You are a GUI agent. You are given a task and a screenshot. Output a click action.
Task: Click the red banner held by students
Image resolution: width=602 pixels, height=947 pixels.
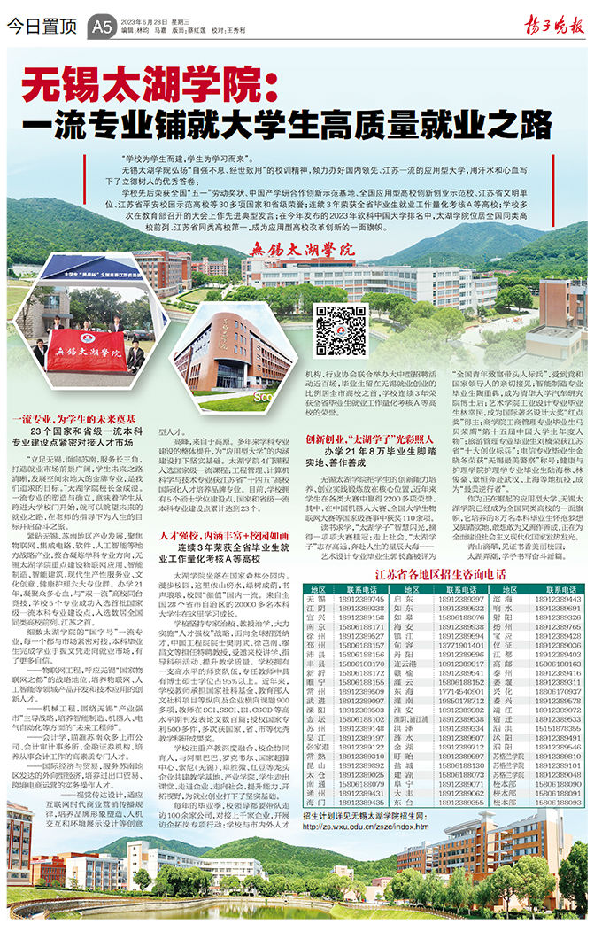coord(86,350)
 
